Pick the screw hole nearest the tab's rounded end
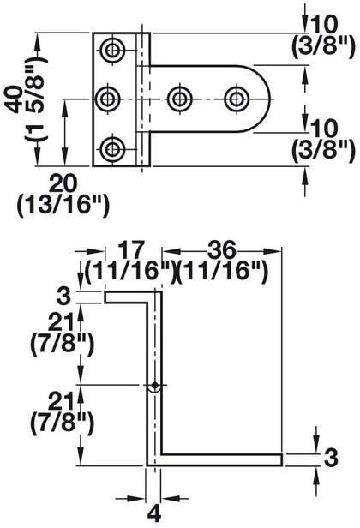pos(236,99)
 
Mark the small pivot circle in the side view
pos(154,386)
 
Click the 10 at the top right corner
pos(326,19)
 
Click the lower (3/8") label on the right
pos(326,152)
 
